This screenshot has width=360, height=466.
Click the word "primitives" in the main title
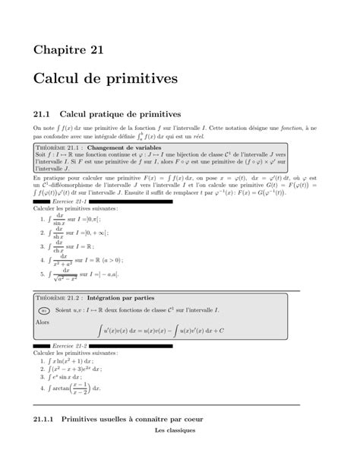(139, 78)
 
